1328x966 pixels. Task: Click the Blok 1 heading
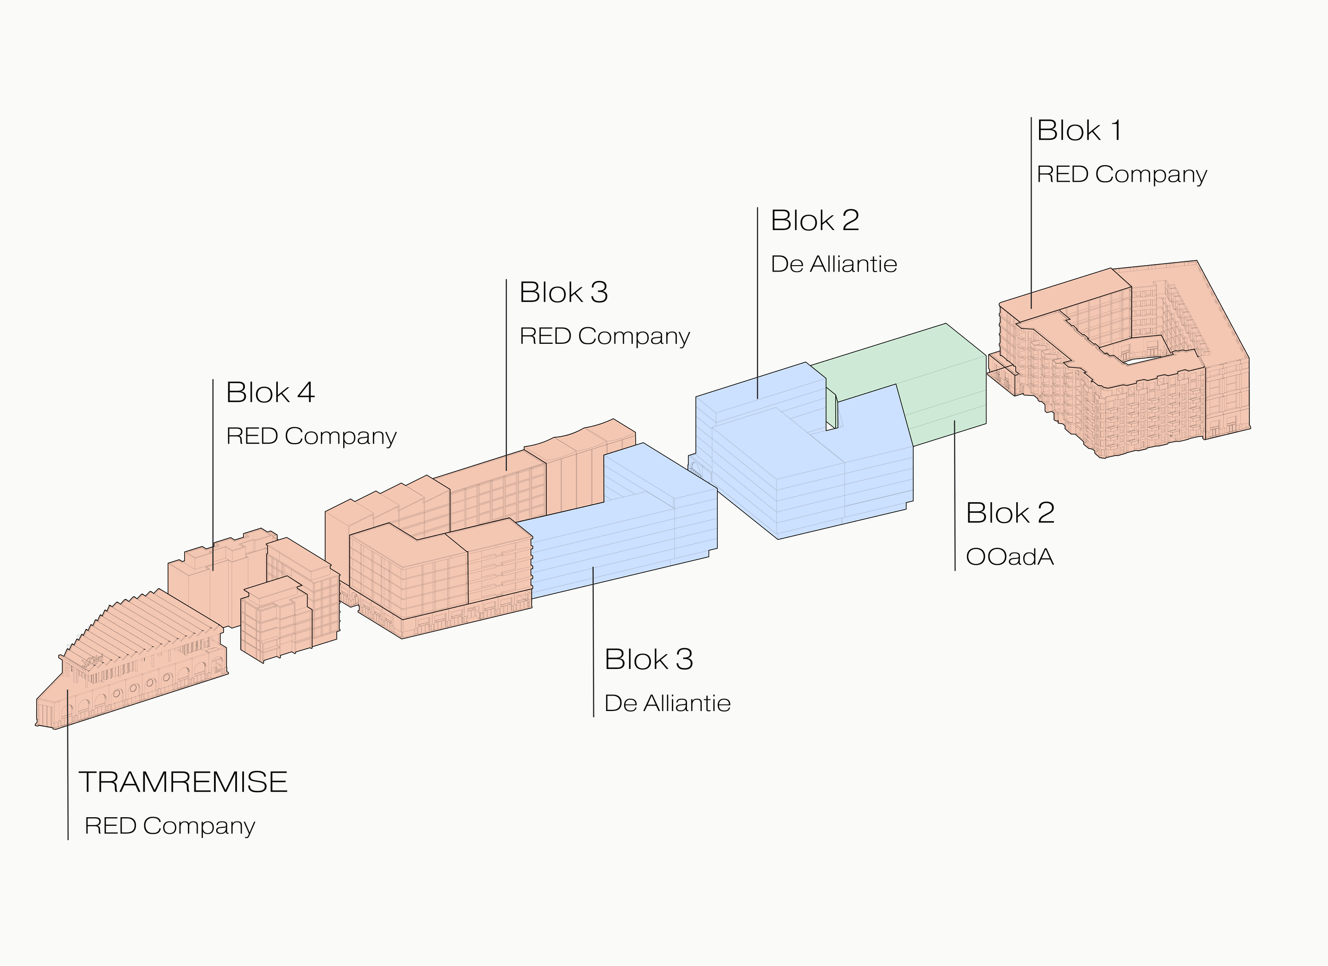tap(1079, 130)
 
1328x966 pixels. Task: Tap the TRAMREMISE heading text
tap(183, 782)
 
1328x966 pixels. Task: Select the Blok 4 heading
tap(270, 393)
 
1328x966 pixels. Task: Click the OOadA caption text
tap(1010, 557)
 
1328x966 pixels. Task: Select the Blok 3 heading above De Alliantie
tap(649, 659)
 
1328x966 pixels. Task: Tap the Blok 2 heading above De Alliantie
tap(815, 221)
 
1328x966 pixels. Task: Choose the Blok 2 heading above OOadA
tap(1010, 513)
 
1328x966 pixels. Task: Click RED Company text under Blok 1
tap(1122, 175)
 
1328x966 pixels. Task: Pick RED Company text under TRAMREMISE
tap(170, 826)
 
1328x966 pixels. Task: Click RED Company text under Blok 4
tap(311, 436)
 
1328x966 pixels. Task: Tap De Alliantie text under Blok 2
tap(834, 264)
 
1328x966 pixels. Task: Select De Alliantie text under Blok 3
tap(668, 704)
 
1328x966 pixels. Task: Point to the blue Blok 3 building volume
tap(632, 527)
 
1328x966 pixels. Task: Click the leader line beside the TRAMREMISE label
tap(68, 765)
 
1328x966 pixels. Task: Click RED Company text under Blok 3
tap(605, 336)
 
